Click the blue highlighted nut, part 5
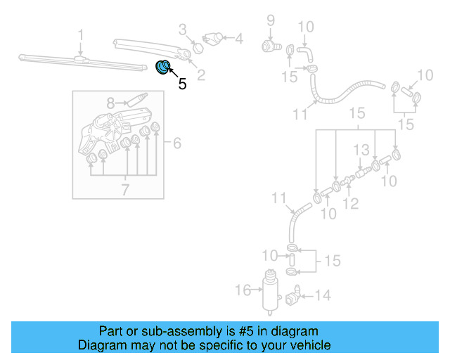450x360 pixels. (x=163, y=67)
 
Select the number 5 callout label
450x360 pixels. (x=183, y=84)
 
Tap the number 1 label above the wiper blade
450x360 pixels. (x=81, y=34)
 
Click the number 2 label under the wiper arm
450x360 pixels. (x=201, y=75)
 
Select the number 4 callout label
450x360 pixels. (x=239, y=39)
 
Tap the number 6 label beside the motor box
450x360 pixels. (x=177, y=143)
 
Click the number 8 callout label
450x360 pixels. (x=110, y=103)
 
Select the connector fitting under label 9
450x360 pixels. (x=269, y=46)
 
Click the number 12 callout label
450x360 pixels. (x=351, y=204)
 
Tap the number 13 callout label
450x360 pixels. (x=361, y=150)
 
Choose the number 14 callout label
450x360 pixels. (x=322, y=296)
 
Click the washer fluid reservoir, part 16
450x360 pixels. (x=268, y=290)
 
